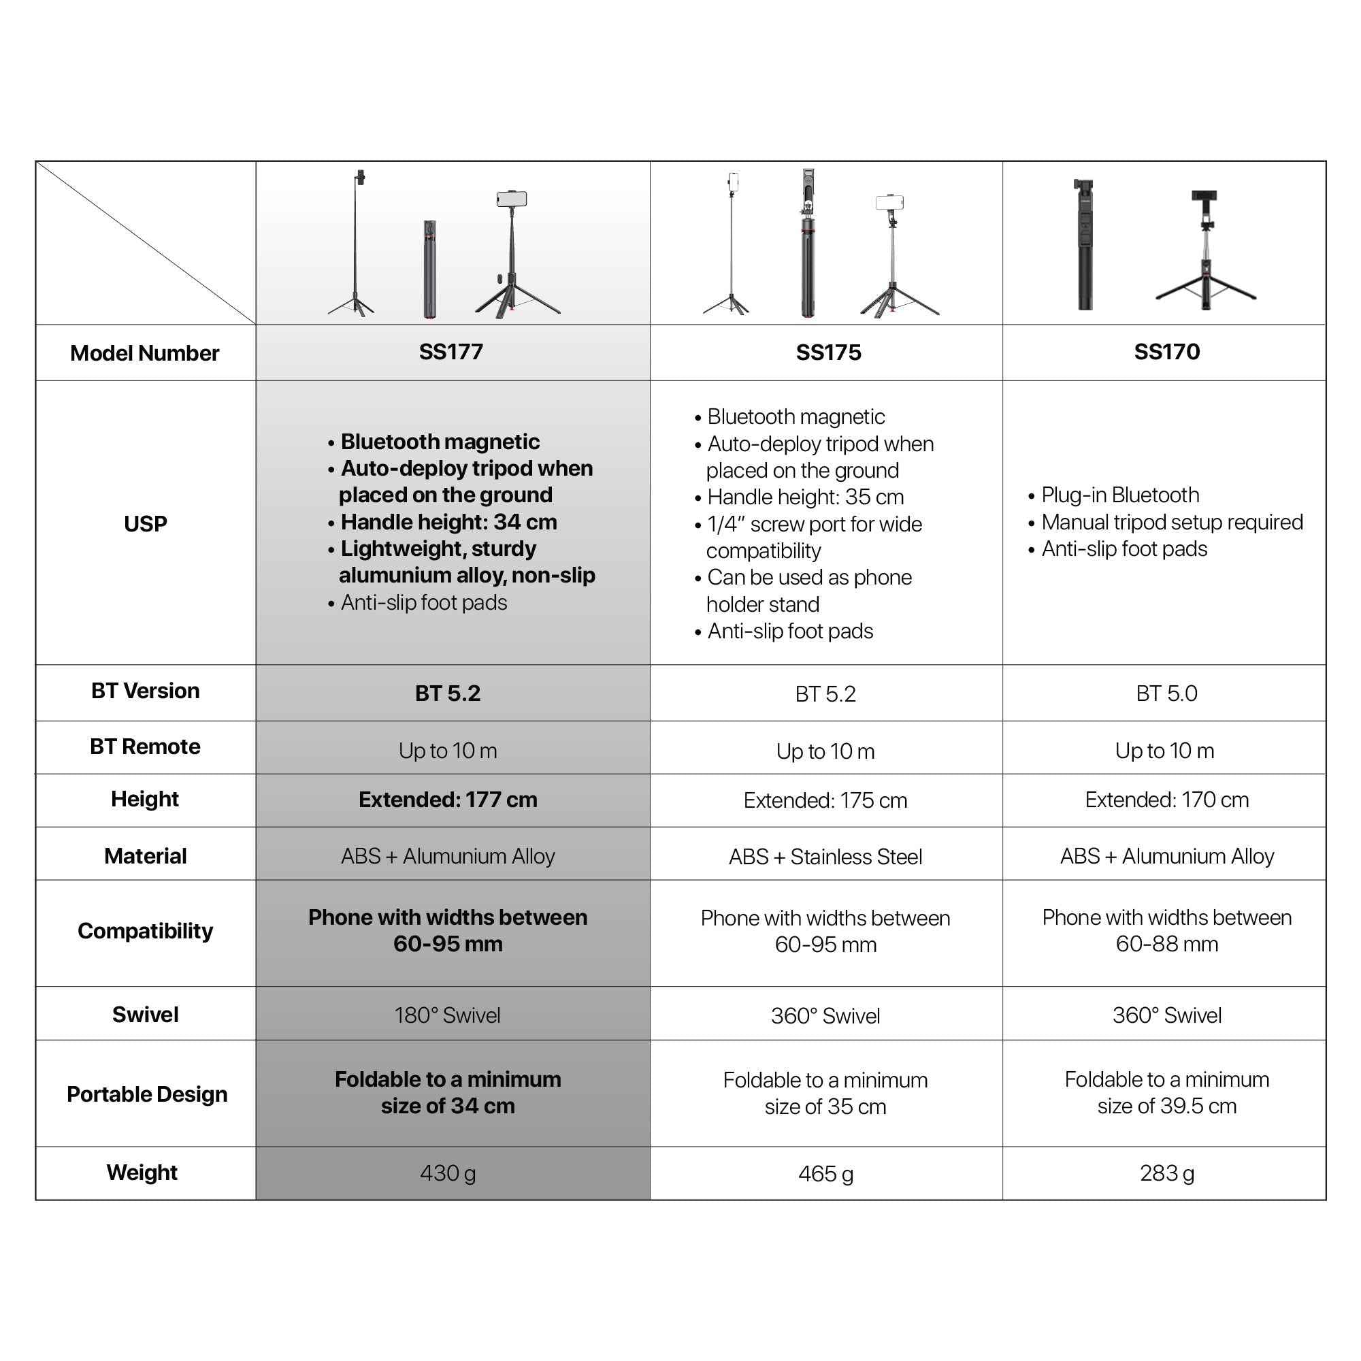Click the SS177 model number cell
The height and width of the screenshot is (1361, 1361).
451,352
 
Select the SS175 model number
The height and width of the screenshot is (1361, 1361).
828,352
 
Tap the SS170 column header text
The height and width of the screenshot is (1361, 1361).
1166,352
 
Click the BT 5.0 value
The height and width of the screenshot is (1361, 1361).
1166,693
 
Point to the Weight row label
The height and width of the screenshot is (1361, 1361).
142,1173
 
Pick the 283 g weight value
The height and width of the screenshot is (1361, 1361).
1166,1173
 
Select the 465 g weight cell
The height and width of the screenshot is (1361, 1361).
825,1174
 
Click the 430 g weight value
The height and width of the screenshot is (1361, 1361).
448,1173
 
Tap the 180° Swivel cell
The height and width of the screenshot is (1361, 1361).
447,1015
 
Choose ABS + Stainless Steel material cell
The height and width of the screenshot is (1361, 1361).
825,857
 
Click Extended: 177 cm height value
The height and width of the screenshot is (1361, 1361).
448,800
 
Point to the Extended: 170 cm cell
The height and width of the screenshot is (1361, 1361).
1166,800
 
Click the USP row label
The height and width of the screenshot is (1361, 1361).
146,523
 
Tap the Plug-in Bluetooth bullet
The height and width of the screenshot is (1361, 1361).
1120,495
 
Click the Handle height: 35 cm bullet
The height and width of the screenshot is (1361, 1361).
805,497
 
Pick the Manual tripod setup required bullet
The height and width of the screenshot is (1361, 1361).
1173,522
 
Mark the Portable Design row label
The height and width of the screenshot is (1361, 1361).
147,1094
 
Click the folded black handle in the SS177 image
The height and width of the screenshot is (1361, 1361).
429,269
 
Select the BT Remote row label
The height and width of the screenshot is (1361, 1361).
145,746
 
